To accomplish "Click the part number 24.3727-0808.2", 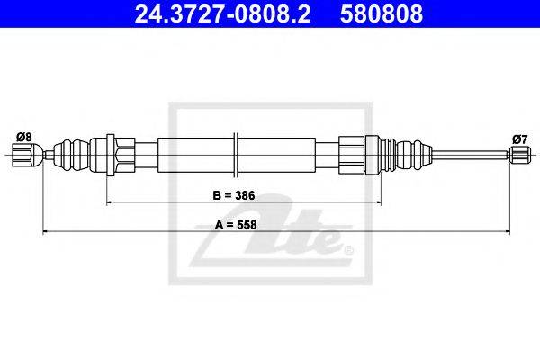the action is pyautogui.click(x=222, y=13).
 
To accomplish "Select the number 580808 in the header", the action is pyautogui.click(x=382, y=13).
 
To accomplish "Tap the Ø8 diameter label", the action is pyautogui.click(x=23, y=137).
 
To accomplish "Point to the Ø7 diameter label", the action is pyautogui.click(x=519, y=139).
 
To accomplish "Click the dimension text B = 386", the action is pyautogui.click(x=234, y=195).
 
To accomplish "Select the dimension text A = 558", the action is pyautogui.click(x=236, y=225).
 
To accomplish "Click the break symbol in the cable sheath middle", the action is pyautogui.click(x=236, y=155).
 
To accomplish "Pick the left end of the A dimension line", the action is pyautogui.click(x=42, y=232).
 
